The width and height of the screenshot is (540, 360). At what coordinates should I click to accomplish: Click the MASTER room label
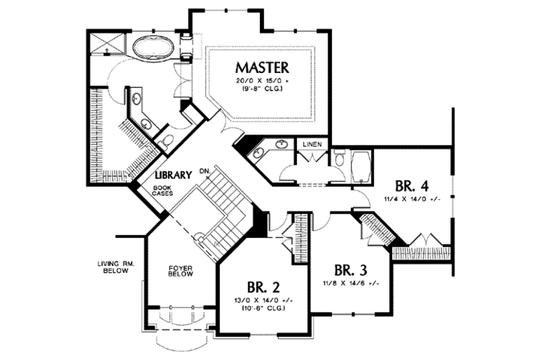point(262,68)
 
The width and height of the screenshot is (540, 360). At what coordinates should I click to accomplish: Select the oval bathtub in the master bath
point(152,49)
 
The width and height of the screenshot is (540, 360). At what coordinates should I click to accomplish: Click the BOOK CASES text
point(163,191)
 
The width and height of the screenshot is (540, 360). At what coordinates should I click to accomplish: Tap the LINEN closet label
point(312,145)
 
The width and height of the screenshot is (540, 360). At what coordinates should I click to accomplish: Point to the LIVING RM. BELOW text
point(116,267)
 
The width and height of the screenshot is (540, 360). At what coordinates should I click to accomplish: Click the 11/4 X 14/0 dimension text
point(412,201)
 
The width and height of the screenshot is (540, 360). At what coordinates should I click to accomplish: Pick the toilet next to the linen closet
point(340,160)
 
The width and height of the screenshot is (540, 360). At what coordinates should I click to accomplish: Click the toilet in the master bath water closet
point(167,140)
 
